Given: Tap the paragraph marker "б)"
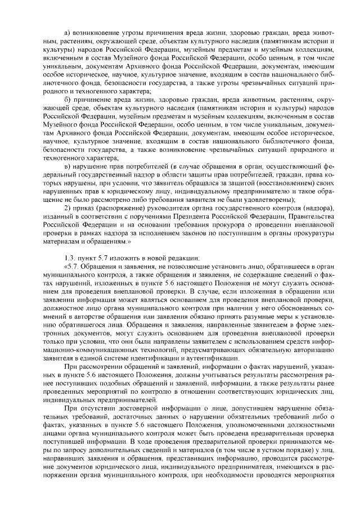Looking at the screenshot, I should [x=67, y=99].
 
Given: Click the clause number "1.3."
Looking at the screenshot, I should [x=70, y=258].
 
